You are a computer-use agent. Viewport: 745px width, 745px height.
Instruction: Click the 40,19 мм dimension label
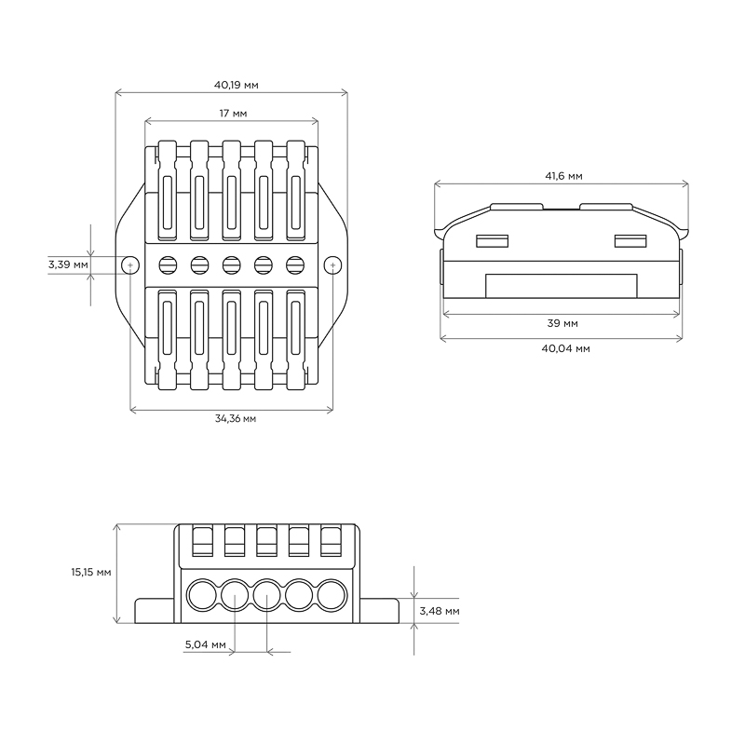point(237,85)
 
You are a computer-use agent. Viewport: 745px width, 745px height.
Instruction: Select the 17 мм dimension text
point(233,114)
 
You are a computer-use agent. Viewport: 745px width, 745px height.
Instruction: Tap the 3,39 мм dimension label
point(68,264)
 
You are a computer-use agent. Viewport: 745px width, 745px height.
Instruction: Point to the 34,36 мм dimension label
point(236,418)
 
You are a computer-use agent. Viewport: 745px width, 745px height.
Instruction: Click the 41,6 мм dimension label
point(563,176)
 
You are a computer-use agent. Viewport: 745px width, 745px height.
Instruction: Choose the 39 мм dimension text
point(562,323)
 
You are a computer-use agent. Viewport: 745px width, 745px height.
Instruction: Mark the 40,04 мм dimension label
point(565,348)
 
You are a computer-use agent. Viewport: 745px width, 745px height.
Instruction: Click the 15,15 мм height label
point(91,572)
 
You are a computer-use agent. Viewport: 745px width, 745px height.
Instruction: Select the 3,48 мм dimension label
point(439,611)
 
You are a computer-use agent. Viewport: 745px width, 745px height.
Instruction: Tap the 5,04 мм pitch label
point(205,644)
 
